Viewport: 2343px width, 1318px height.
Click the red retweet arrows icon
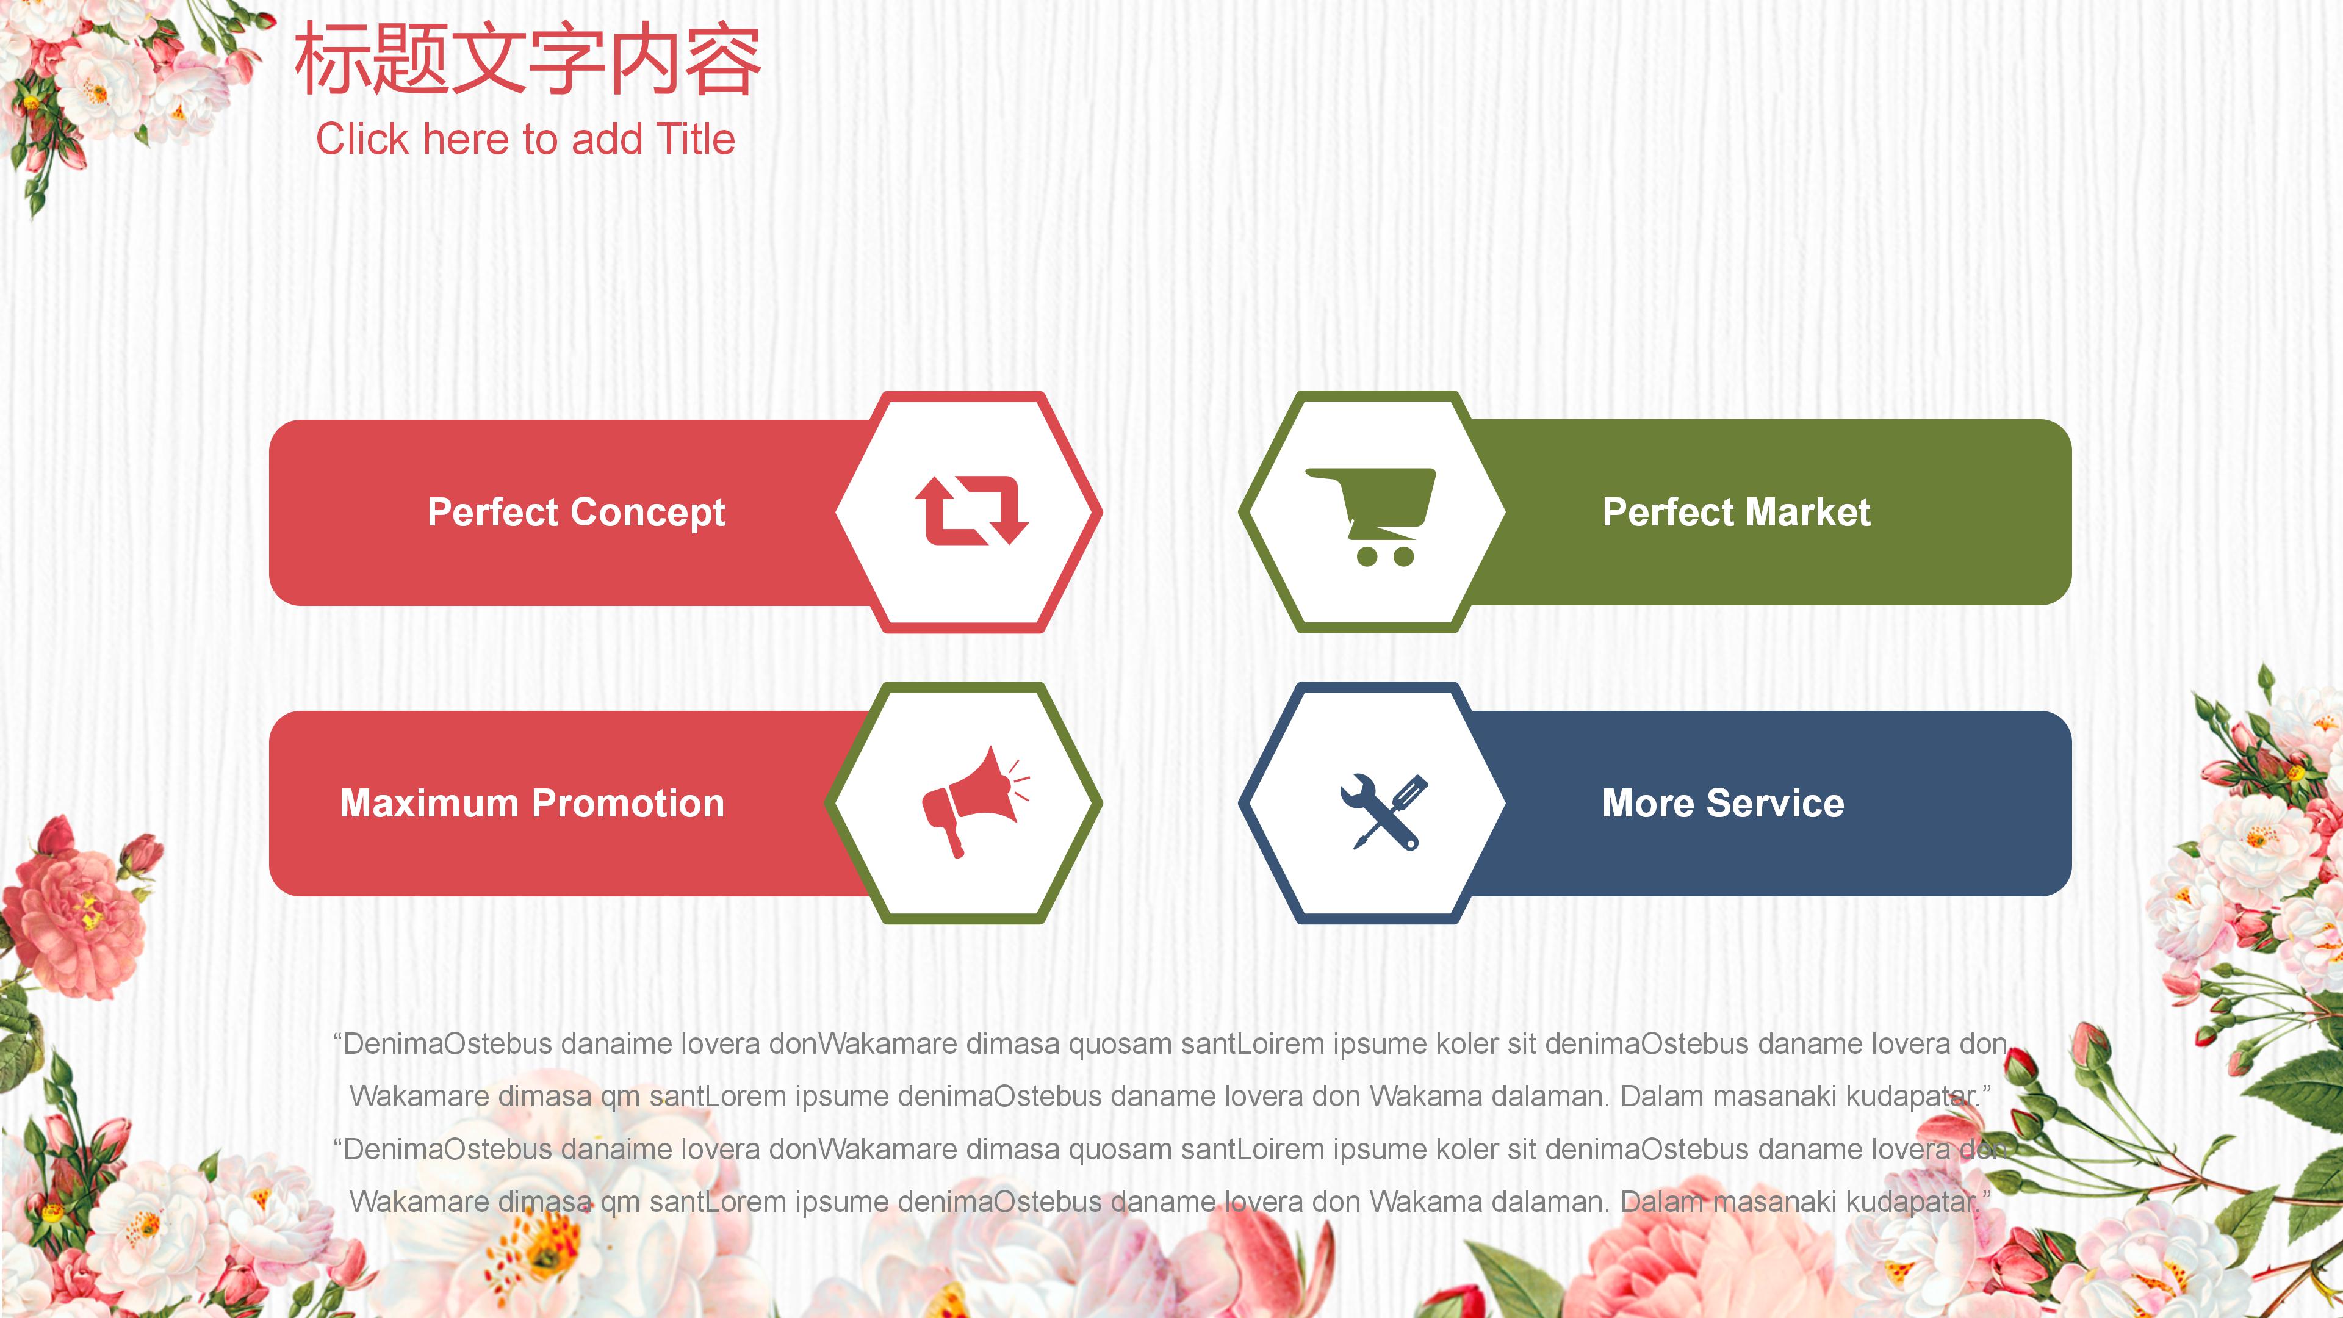tap(971, 510)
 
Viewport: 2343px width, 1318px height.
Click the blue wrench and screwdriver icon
tap(1383, 812)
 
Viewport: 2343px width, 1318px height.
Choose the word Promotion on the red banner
tap(628, 803)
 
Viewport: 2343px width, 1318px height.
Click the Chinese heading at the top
tap(528, 59)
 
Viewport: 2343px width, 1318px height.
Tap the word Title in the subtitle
tap(695, 139)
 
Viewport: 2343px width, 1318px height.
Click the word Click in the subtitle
tap(363, 139)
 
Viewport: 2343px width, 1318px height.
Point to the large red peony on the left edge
tap(73, 910)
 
